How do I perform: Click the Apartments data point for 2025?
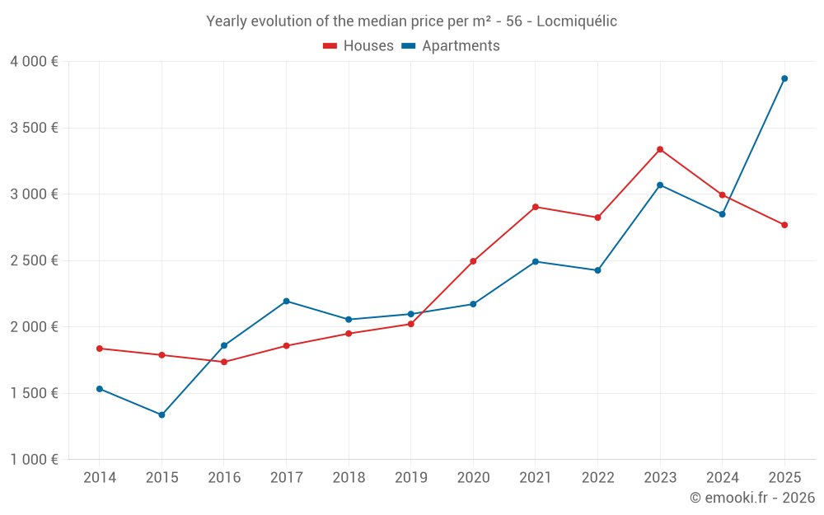click(784, 78)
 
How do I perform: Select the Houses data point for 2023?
click(660, 149)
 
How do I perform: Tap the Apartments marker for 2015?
click(162, 414)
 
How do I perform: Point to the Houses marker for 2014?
click(100, 349)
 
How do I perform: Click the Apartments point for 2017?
click(286, 301)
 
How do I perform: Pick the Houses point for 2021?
click(536, 207)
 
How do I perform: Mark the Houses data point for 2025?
click(784, 225)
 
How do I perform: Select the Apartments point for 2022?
click(597, 270)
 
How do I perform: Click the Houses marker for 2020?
click(473, 261)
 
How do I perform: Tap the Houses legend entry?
click(358, 46)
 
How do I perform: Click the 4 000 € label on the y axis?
click(34, 62)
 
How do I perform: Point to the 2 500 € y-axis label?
click(34, 260)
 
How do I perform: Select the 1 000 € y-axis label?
click(34, 459)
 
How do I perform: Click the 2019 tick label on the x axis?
click(410, 478)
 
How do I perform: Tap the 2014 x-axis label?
click(100, 478)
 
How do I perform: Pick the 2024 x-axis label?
click(722, 478)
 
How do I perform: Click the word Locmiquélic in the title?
click(577, 21)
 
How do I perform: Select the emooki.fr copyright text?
click(751, 498)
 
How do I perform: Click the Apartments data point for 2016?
click(224, 345)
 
